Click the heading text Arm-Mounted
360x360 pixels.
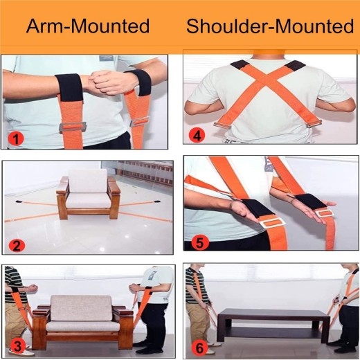[88, 26]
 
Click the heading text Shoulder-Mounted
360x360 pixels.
[269, 26]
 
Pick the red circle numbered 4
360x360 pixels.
[199, 136]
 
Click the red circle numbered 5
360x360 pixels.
[198, 242]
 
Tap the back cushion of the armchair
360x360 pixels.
[88, 181]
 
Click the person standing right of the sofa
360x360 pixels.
[156, 305]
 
